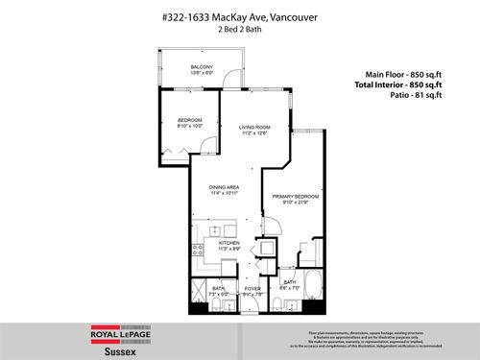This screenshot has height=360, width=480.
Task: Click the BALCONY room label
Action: point(201,68)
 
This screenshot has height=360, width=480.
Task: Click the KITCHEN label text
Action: point(228,244)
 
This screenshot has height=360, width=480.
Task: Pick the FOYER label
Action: point(252,288)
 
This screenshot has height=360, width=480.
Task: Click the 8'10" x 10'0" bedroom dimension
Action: point(188,125)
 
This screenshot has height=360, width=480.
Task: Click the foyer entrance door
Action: point(252,305)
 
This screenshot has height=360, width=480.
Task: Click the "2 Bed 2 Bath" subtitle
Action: point(239,30)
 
